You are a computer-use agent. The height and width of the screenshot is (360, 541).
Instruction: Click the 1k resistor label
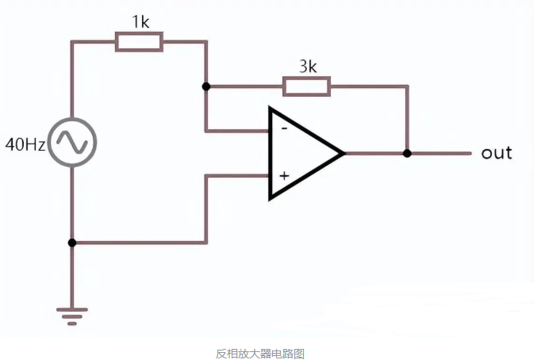140,22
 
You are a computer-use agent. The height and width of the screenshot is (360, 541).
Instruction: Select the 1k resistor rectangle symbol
139,42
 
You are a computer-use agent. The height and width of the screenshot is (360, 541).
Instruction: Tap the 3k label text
307,67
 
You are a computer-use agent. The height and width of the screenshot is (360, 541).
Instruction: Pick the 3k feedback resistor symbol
306,86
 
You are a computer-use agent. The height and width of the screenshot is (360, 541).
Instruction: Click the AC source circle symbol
72,143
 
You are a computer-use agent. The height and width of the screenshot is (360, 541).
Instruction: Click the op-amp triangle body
301,152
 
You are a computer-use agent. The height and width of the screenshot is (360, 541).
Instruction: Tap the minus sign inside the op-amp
282,128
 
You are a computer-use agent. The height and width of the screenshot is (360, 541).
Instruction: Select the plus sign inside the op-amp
283,175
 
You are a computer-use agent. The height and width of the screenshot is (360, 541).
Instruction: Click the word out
497,152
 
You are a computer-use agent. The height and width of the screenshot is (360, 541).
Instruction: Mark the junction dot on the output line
407,152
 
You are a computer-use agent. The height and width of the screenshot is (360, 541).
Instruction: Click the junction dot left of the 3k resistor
206,86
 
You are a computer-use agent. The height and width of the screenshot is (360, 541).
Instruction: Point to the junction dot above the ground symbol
72,243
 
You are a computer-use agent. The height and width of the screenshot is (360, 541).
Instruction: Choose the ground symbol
72,316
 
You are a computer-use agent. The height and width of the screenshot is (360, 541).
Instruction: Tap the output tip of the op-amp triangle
343,152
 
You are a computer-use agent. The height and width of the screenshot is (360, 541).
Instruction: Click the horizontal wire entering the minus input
238,129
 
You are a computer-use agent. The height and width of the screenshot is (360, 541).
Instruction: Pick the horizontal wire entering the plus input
238,176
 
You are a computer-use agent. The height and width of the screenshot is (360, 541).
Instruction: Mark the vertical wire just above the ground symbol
72,278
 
